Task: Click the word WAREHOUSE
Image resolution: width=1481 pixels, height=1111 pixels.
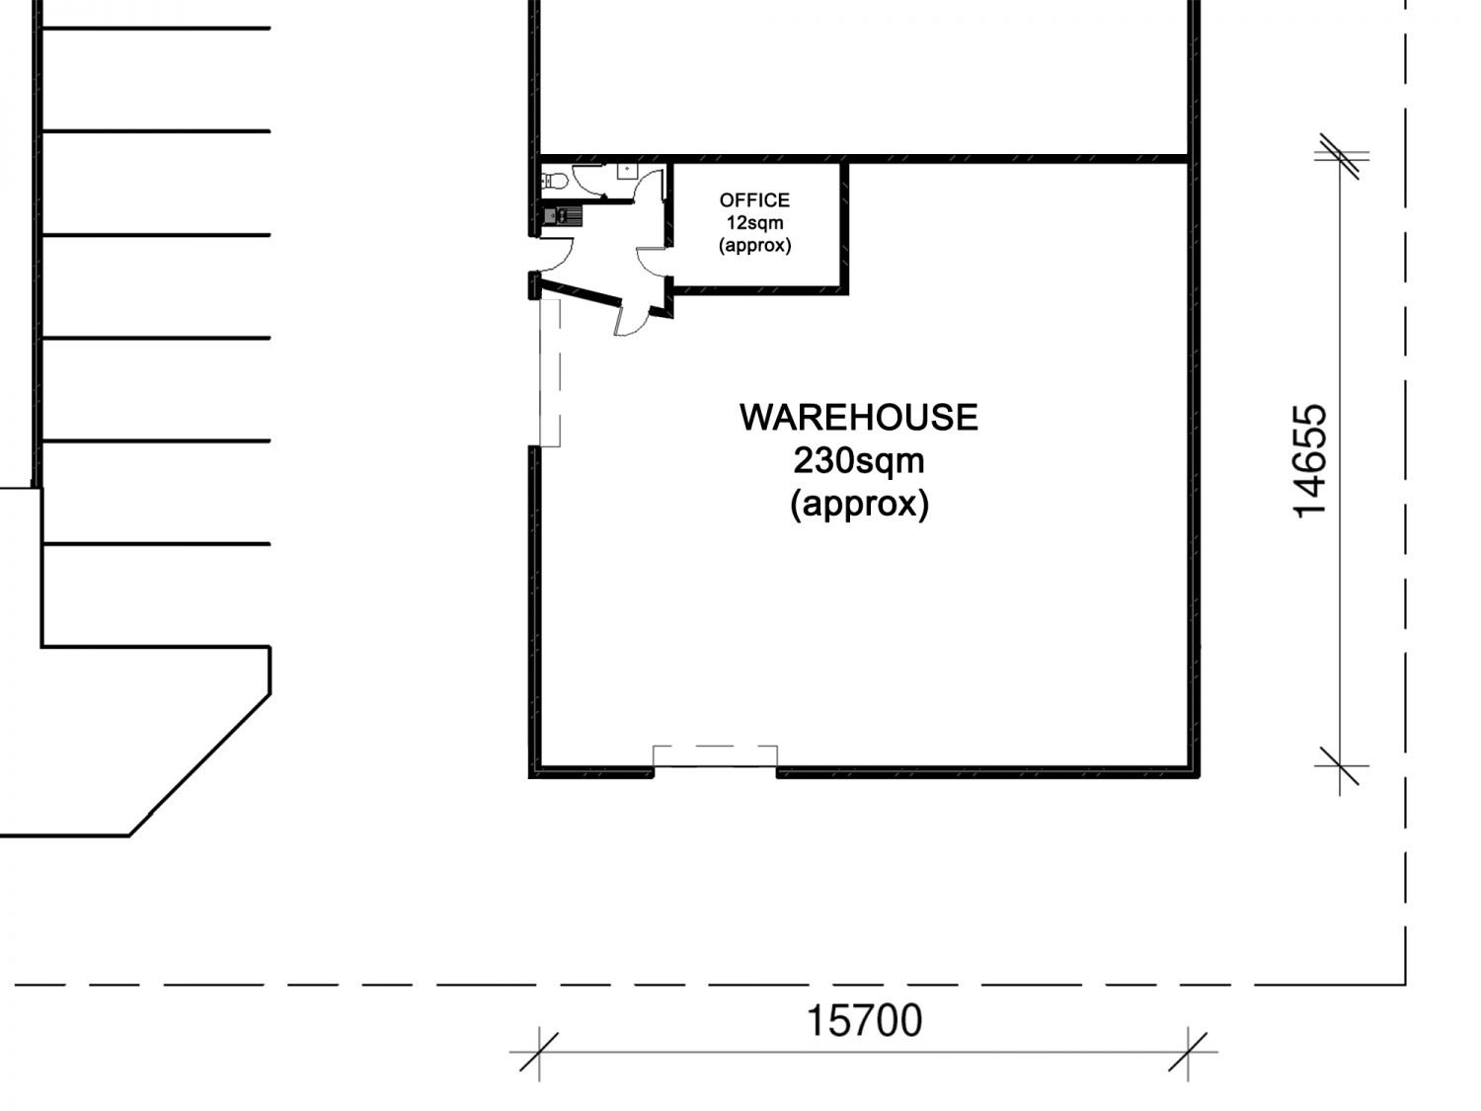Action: pos(858,418)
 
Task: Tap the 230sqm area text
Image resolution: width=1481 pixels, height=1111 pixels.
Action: pos(858,461)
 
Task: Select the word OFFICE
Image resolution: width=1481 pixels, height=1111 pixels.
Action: pos(754,200)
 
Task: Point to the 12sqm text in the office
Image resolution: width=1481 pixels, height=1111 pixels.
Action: pos(754,222)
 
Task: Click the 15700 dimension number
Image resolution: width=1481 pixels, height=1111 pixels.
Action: pos(864,1020)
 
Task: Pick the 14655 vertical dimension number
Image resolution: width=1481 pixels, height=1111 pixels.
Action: pos(1309,461)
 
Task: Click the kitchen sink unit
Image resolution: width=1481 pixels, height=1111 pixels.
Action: pos(562,216)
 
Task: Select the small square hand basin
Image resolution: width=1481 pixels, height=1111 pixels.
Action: pos(627,170)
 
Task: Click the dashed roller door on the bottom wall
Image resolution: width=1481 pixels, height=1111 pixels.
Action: pos(715,755)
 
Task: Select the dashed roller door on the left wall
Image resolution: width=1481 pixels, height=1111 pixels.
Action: pos(550,372)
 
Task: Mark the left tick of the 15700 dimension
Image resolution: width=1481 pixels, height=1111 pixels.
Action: pos(539,1052)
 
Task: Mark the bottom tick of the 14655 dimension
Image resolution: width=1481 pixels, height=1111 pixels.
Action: pos(1339,766)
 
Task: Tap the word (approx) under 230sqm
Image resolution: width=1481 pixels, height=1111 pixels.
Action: pos(859,505)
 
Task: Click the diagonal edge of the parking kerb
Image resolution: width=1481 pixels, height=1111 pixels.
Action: pos(199,765)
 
